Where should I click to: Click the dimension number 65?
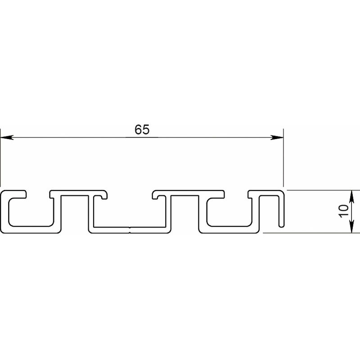[x=142, y=130]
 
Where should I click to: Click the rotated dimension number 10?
[x=343, y=211]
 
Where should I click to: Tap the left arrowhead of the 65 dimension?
[x=7, y=138]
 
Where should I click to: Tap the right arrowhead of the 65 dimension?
[x=277, y=138]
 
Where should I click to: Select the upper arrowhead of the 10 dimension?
[x=351, y=197]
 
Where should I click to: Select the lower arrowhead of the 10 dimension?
[x=351, y=226]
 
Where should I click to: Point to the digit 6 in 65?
[x=138, y=130]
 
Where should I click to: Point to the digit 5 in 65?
[x=146, y=130]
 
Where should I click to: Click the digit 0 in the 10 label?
[x=343, y=208]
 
